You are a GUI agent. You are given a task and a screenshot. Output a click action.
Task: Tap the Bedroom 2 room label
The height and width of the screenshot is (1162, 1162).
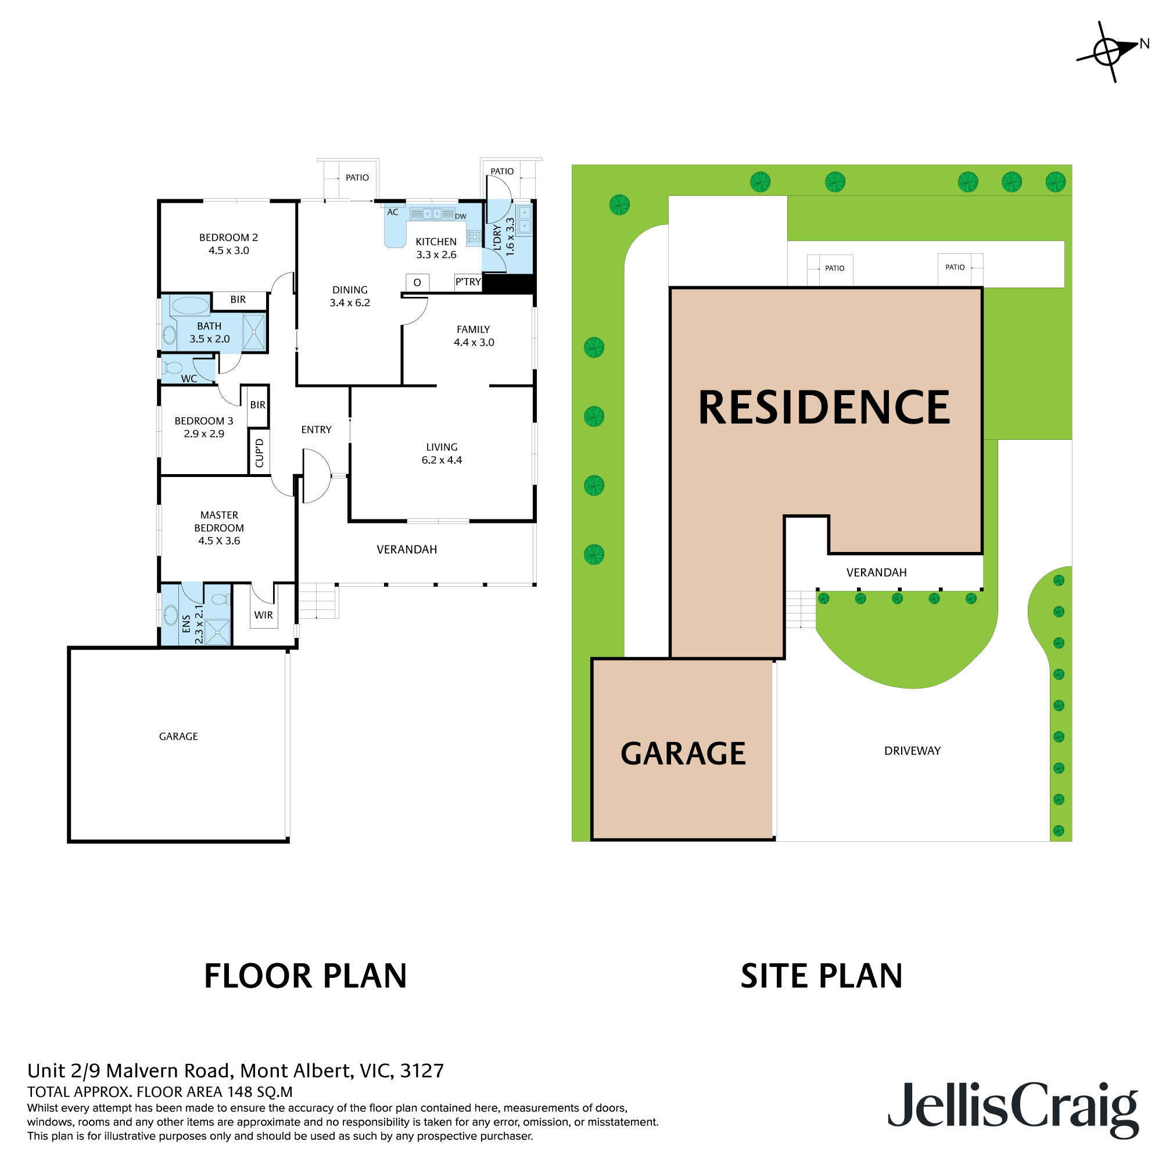(228, 243)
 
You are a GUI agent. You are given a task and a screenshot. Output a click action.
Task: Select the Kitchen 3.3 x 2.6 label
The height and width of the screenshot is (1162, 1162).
(436, 248)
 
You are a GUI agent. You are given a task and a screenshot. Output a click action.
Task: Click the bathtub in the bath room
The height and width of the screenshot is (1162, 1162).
(190, 306)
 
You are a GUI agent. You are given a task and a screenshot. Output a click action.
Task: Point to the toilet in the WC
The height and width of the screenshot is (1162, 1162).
(173, 368)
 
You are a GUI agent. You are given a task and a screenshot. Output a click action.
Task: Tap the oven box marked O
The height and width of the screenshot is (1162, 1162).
(417, 282)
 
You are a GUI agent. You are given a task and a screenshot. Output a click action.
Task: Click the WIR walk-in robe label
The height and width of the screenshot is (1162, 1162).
(263, 615)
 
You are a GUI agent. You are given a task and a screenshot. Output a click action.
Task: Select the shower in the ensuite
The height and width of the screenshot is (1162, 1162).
(217, 632)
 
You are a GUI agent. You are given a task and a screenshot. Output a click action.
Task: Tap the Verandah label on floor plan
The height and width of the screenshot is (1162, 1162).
(407, 549)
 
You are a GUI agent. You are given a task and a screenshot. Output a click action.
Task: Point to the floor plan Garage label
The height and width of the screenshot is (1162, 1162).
(178, 736)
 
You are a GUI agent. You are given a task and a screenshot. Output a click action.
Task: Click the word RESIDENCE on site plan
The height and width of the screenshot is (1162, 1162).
(824, 408)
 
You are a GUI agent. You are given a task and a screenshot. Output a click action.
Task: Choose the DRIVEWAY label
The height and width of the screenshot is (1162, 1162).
(912, 751)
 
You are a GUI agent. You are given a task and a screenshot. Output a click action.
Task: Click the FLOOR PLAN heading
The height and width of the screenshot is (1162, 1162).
(306, 975)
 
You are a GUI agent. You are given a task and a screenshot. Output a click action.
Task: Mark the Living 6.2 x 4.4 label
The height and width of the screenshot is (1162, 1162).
(442, 454)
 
